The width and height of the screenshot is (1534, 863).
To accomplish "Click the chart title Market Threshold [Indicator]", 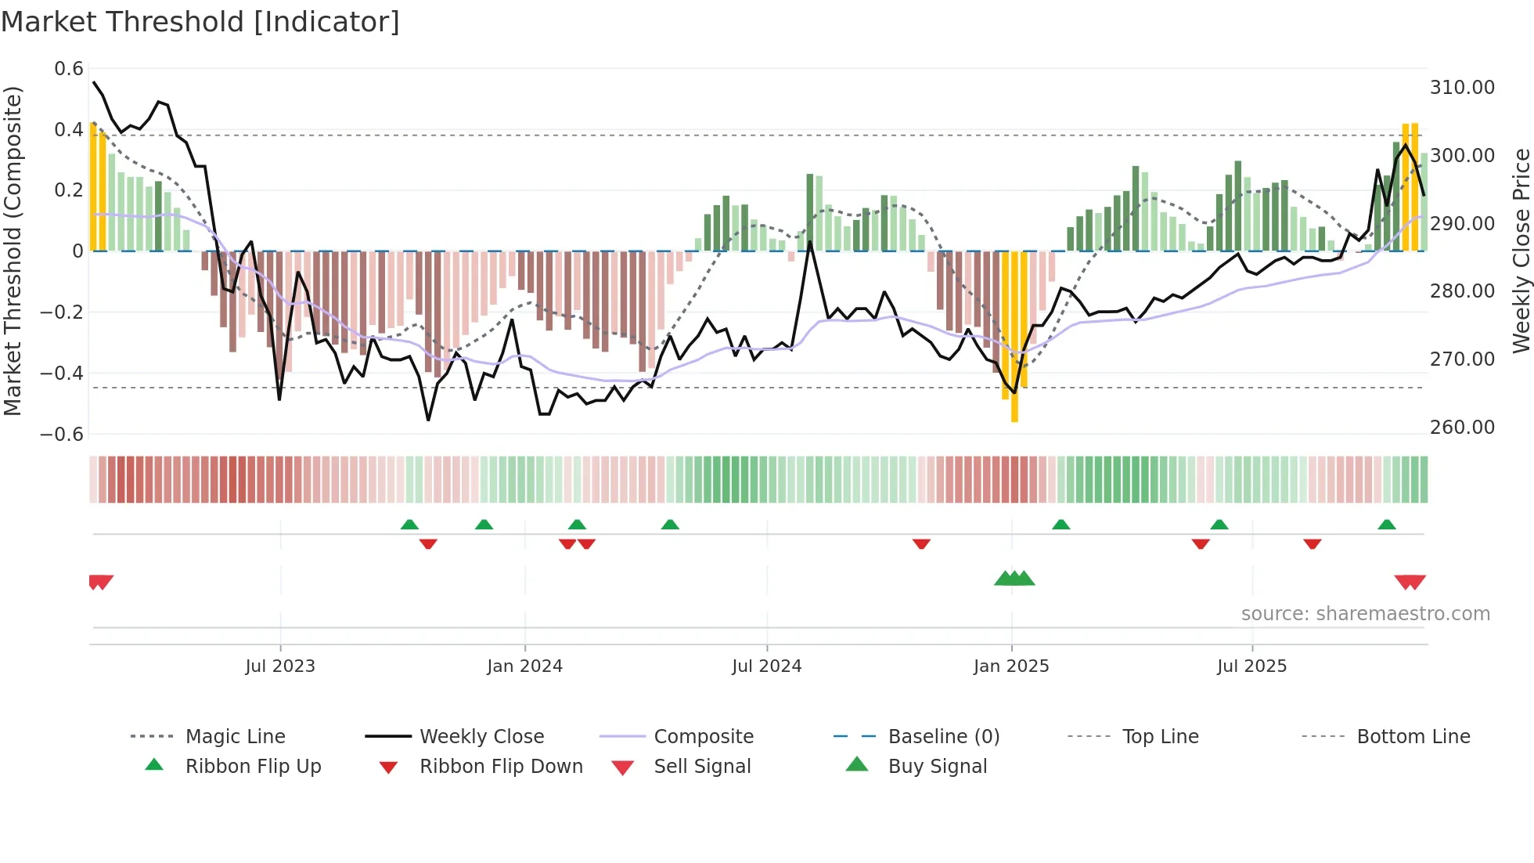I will coord(200,22).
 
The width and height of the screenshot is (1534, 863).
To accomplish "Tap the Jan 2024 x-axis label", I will coord(524,666).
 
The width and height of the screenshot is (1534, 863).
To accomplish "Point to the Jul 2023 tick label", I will coord(280,666).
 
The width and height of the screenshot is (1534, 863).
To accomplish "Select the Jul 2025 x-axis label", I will coord(1251,666).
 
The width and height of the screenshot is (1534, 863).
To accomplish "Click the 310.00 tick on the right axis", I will coord(1462,88).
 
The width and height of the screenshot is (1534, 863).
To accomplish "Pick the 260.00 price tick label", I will coord(1462,428).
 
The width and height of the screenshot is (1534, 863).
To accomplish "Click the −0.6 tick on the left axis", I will coord(62,435).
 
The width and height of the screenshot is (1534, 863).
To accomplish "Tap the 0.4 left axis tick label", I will coord(68,130).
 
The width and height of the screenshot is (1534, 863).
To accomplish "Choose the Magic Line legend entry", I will coord(235,737).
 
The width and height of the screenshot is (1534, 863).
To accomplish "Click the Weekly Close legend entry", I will coord(481,737).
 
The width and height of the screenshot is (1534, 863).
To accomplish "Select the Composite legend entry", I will coord(703,737).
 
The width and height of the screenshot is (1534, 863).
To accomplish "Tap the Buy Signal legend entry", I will coord(937,767).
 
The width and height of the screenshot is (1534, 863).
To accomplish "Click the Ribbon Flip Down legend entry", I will coord(501,767).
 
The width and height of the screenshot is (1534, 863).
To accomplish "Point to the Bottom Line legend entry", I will coord(1413,737).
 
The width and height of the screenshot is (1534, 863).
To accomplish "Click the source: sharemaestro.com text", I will coord(1365,614).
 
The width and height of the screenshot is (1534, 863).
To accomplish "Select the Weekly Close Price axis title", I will coord(1521,251).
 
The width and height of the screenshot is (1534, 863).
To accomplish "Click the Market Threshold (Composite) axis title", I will coord(13,251).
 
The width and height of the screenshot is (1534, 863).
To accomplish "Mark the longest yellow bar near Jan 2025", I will coord(1014,337).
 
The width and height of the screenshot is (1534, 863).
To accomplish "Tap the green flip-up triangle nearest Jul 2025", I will coord(1219,525).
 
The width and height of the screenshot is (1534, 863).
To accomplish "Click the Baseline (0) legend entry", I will coord(943,737).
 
